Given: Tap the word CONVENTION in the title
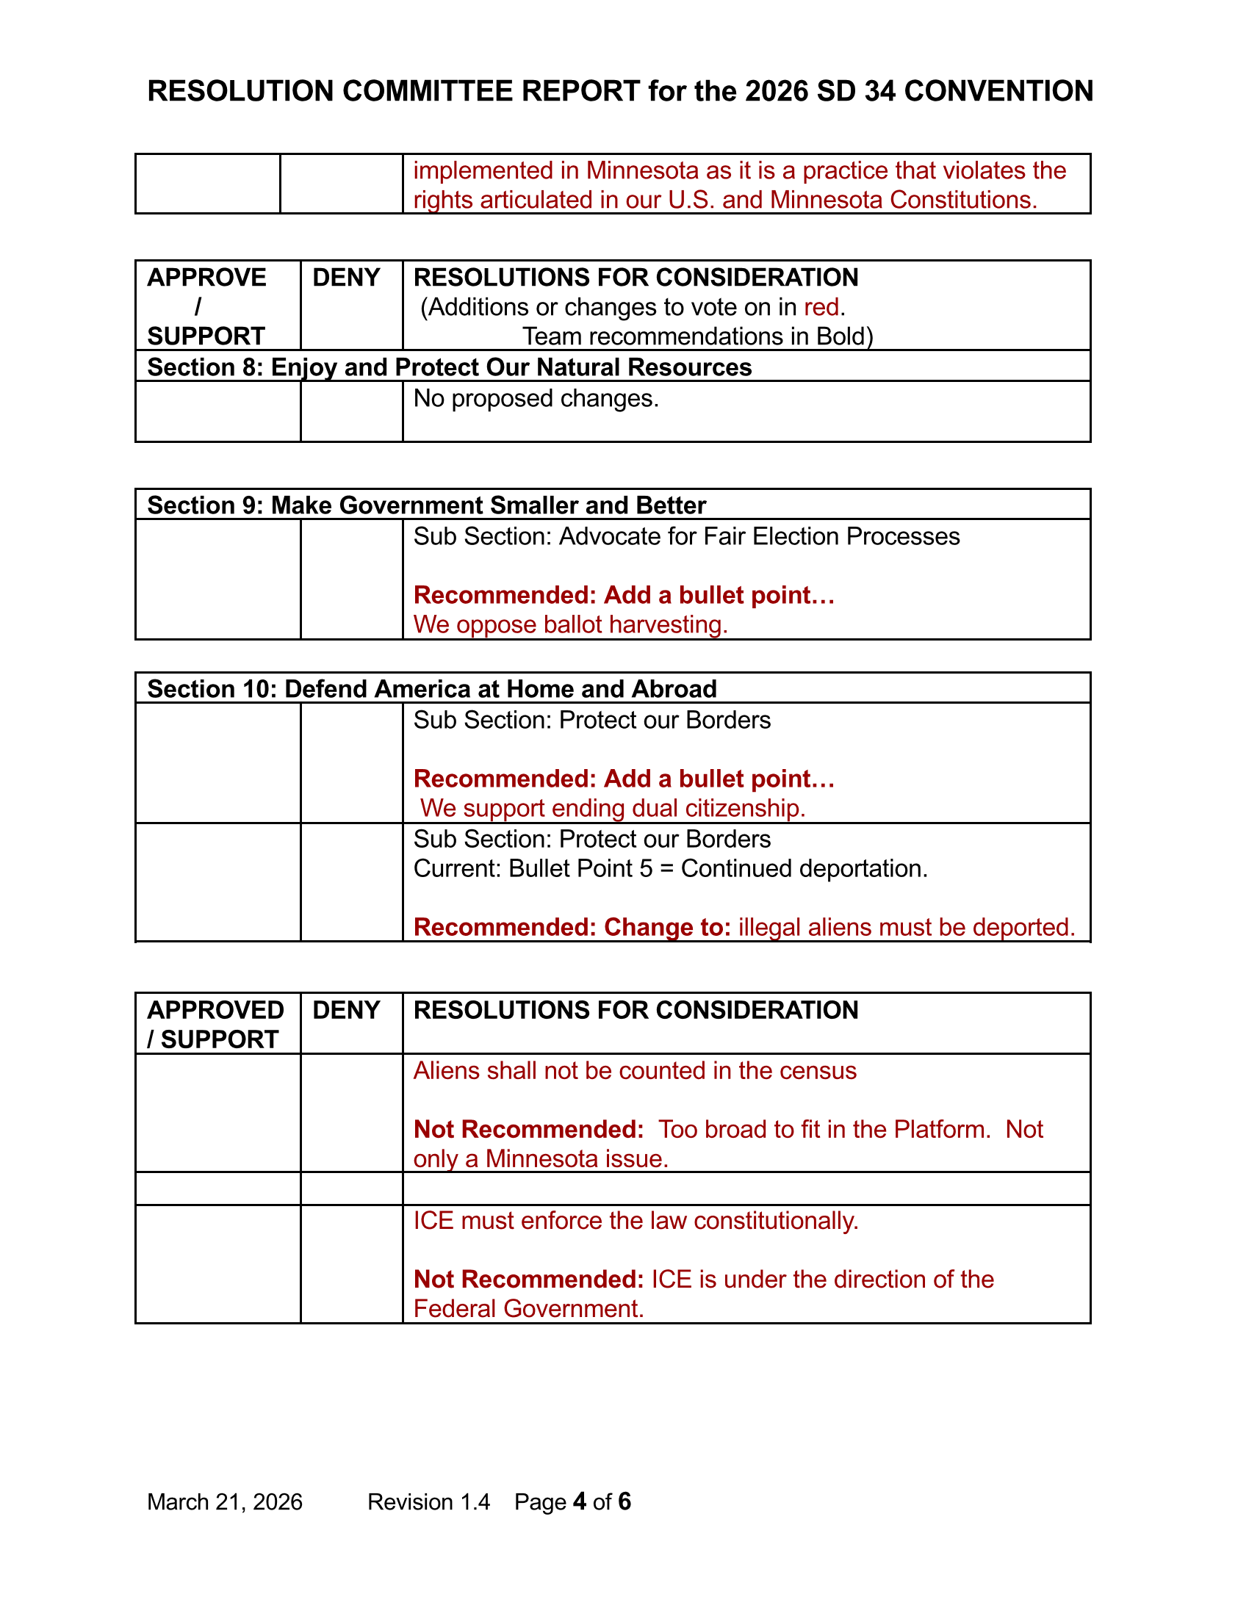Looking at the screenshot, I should pos(998,91).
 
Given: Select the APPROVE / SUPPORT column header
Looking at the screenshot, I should pos(206,306).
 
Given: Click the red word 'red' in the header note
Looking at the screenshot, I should pos(821,307).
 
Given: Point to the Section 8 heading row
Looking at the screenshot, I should pos(449,367).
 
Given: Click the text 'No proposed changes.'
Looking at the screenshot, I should pos(536,398).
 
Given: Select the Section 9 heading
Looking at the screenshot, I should pos(426,505).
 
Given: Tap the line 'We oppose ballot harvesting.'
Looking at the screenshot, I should pos(570,624).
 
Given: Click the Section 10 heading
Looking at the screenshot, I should pos(432,689).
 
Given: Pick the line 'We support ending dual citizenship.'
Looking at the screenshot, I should pos(613,808).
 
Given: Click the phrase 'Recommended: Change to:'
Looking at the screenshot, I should pos(572,927).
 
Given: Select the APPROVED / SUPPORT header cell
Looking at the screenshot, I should pos(215,1024).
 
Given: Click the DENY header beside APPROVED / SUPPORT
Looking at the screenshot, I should pos(346,1010).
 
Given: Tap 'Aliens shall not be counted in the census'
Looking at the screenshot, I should pos(635,1071).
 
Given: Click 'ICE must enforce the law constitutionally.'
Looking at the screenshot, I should pos(636,1220).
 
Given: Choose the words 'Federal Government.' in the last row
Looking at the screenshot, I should pos(528,1309).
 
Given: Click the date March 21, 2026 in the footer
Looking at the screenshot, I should pos(225,1501).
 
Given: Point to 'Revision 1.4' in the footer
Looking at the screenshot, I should pos(428,1501).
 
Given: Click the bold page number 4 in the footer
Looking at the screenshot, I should pos(580,1501).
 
